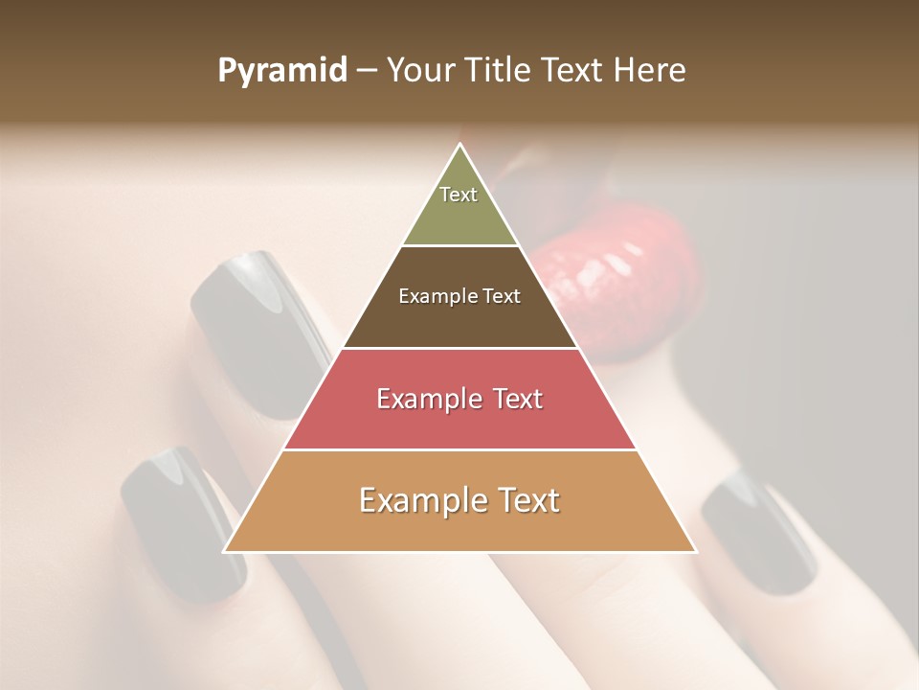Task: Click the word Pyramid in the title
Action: pyautogui.click(x=281, y=71)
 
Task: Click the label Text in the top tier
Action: pyautogui.click(x=459, y=195)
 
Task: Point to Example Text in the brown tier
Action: pyautogui.click(x=459, y=296)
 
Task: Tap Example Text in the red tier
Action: pyautogui.click(x=459, y=399)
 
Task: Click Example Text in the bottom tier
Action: pyautogui.click(x=459, y=500)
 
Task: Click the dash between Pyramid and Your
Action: pyautogui.click(x=367, y=71)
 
